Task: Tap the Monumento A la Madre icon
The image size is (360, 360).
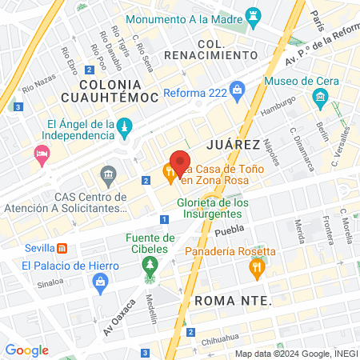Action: click(x=254, y=16)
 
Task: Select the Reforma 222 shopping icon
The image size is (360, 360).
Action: click(x=237, y=90)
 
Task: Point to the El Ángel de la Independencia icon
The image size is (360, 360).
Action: click(x=124, y=128)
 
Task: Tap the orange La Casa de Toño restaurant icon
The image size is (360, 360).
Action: click(x=170, y=173)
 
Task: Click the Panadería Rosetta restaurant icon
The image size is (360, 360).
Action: click(x=256, y=270)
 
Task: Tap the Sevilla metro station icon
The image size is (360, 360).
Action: click(x=60, y=247)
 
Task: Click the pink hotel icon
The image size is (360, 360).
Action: click(x=41, y=154)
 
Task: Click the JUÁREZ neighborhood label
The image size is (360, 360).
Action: click(x=233, y=145)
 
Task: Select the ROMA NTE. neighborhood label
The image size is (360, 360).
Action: click(x=233, y=301)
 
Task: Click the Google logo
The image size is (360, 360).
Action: click(x=26, y=350)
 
